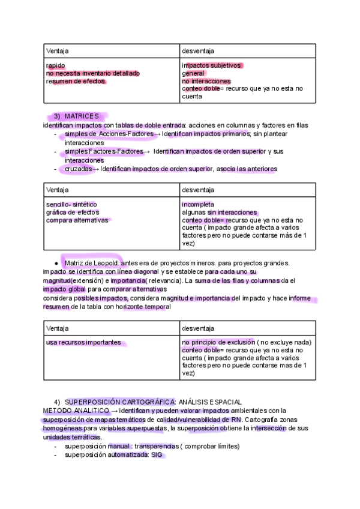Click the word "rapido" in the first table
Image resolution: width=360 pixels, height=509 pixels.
point(56,65)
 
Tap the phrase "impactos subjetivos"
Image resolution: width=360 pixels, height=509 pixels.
point(212,65)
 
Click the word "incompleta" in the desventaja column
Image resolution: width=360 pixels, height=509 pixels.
point(198,205)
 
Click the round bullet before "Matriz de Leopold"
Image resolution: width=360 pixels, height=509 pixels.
point(56,263)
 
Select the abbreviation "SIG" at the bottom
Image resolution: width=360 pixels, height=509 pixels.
point(157,455)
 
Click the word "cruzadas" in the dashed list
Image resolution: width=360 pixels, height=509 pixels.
point(78,169)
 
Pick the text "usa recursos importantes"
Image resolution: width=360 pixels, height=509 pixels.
point(83,343)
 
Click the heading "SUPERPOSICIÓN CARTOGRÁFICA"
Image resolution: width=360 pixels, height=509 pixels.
point(120,402)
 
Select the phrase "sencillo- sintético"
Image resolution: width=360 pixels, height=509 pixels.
point(71,205)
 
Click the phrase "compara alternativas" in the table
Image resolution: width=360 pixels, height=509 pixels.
point(77,220)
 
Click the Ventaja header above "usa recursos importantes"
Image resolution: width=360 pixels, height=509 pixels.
point(58,328)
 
